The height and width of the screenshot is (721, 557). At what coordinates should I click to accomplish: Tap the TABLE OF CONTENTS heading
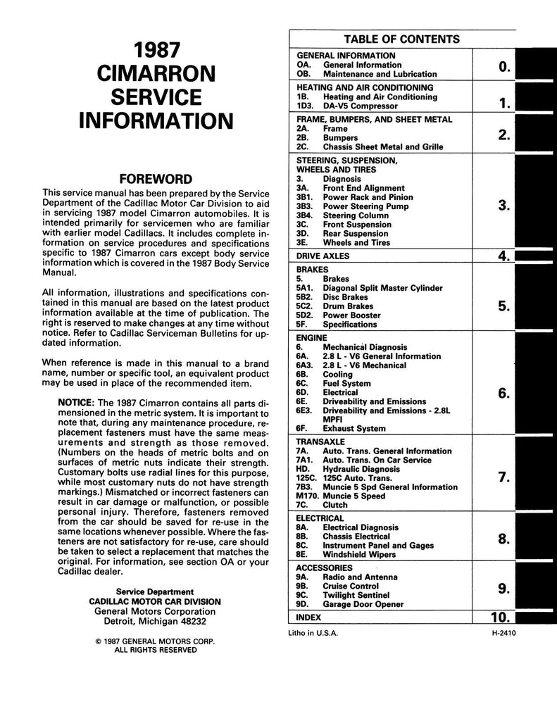401,39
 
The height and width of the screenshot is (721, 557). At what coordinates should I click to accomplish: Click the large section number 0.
503,67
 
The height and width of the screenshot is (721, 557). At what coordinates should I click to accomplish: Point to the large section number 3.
503,206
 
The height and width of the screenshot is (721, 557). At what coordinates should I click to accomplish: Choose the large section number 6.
503,394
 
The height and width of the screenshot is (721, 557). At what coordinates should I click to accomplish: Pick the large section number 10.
499,618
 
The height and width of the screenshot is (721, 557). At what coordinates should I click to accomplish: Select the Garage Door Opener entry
363,604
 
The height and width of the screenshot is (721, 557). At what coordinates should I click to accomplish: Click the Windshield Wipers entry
359,554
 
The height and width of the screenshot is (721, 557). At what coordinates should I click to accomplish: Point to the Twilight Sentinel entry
358,595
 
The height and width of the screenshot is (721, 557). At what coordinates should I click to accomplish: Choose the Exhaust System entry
354,428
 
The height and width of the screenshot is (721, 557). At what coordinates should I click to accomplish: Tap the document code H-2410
507,633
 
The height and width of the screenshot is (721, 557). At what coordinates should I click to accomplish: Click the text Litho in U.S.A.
314,633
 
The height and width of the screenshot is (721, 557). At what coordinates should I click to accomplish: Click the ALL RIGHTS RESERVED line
155,651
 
